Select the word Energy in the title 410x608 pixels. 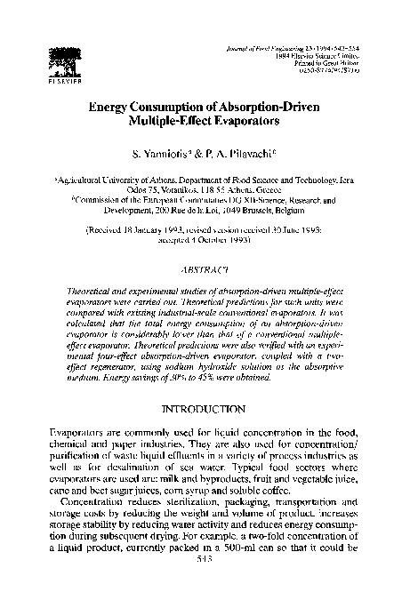click(117, 107)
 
